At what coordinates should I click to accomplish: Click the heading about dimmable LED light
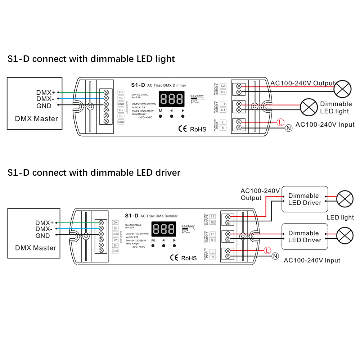[x=91, y=59]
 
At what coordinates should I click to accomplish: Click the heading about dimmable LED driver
[x=94, y=172]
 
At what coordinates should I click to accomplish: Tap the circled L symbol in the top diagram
[x=281, y=122]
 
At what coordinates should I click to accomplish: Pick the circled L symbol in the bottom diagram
[x=267, y=250]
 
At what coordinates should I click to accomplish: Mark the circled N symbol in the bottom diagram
[x=275, y=256]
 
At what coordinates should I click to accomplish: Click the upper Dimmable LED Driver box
[x=305, y=199]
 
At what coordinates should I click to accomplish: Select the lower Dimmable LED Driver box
[x=305, y=237]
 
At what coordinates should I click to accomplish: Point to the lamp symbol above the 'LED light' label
[x=345, y=199]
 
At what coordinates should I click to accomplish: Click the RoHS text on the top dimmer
[x=198, y=129]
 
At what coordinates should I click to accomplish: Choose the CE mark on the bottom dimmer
[x=174, y=258]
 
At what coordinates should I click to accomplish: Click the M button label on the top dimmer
[x=161, y=111]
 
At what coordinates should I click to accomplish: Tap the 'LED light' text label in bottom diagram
[x=340, y=217]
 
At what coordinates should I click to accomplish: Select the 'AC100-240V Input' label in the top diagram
[x=325, y=125]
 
